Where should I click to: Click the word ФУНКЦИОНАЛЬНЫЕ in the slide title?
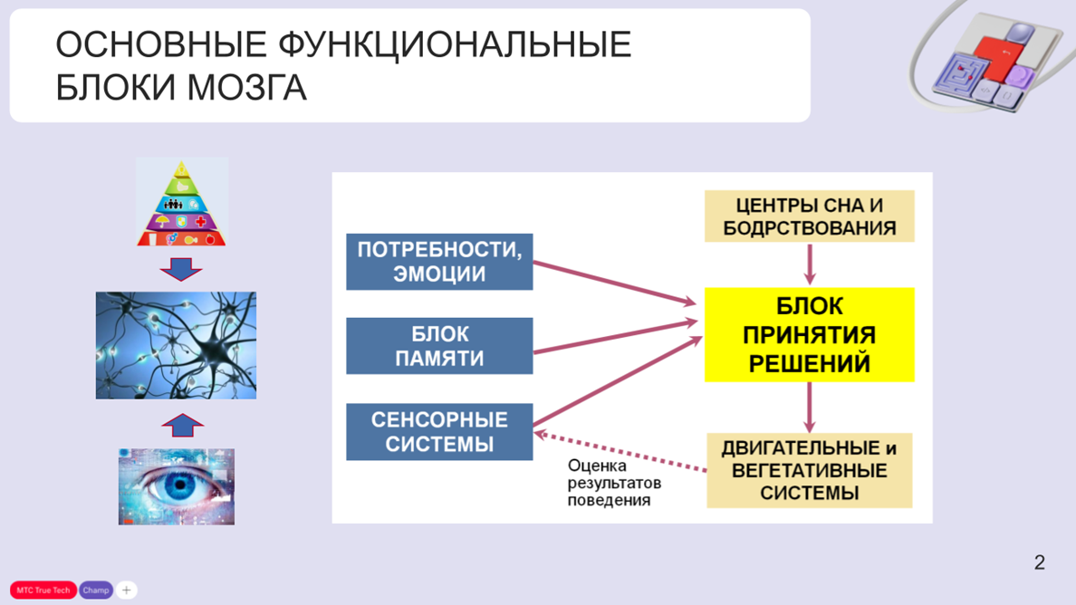click(454, 45)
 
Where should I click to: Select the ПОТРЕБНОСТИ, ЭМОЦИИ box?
click(439, 262)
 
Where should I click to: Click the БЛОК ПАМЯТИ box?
click(439, 346)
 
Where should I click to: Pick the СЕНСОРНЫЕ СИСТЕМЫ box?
click(439, 432)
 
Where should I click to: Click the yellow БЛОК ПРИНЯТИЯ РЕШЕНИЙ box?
click(809, 335)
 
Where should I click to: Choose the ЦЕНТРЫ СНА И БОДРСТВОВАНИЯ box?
click(809, 216)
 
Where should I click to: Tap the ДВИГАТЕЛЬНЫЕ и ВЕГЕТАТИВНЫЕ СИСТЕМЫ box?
click(809, 471)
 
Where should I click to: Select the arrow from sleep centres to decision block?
click(810, 264)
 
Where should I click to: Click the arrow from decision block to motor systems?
click(810, 408)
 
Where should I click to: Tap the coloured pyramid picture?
click(181, 203)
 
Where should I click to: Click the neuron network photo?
click(176, 345)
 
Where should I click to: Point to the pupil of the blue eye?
click(179, 485)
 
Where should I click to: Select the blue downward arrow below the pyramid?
click(181, 269)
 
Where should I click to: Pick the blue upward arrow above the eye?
click(182, 425)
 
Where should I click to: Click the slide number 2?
click(1039, 562)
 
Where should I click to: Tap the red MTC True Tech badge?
click(43, 591)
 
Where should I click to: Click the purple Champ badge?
click(95, 591)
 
